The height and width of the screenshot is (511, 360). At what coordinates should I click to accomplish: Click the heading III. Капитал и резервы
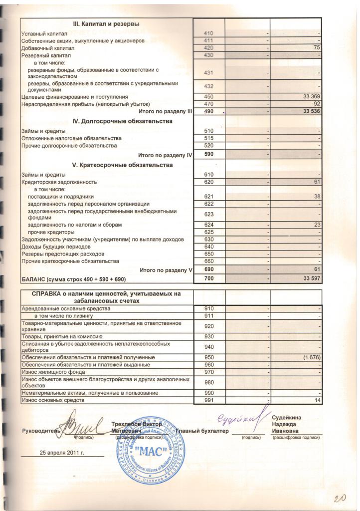click(x=106, y=24)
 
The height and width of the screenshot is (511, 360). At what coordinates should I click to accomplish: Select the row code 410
click(x=209, y=33)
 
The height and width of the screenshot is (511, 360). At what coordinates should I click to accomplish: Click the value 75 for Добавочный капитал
click(x=316, y=48)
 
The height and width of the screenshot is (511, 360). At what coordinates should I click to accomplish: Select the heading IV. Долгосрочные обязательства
click(x=122, y=121)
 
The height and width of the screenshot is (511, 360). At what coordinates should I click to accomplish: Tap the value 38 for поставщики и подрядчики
click(x=316, y=197)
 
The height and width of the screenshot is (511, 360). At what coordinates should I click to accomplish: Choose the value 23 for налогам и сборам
click(x=316, y=225)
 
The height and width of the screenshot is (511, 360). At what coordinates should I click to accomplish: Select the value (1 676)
click(x=310, y=358)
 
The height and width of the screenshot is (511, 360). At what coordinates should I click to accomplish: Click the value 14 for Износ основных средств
click(x=317, y=401)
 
